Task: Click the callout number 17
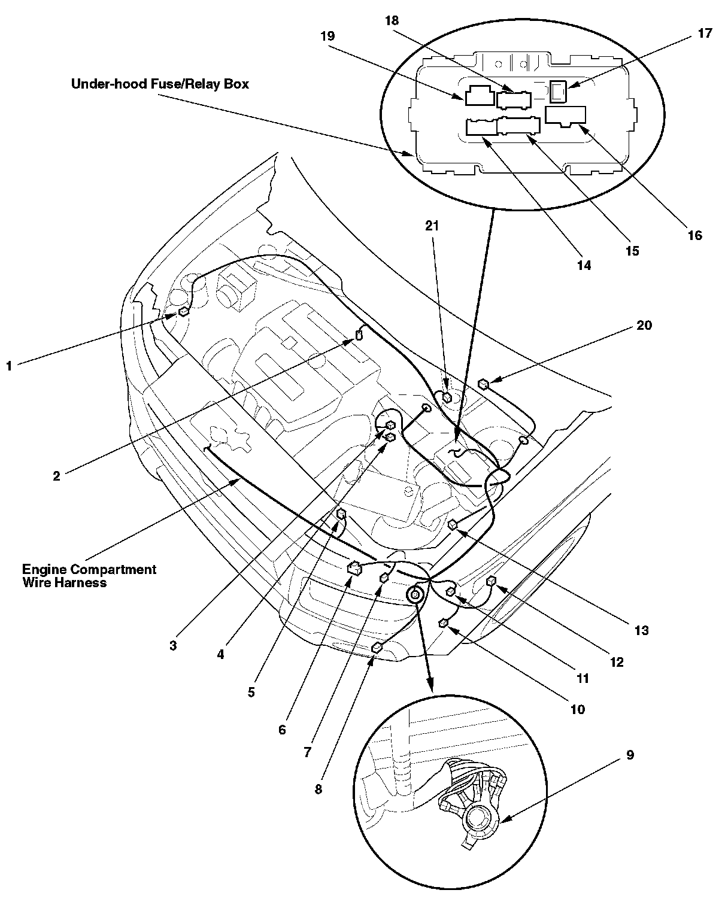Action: [705, 34]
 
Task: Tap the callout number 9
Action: [629, 755]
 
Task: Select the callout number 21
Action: [432, 226]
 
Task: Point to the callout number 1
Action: [9, 365]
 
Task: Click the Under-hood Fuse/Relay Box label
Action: [160, 84]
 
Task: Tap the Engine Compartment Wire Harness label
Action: [89, 575]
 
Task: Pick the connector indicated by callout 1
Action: [183, 312]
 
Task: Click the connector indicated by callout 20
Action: [484, 384]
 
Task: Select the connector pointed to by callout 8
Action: [378, 647]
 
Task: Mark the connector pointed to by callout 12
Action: [492, 580]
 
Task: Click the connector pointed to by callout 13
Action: [453, 525]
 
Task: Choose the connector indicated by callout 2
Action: [359, 335]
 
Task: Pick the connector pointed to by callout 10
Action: [444, 624]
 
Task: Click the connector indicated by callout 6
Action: [353, 567]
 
